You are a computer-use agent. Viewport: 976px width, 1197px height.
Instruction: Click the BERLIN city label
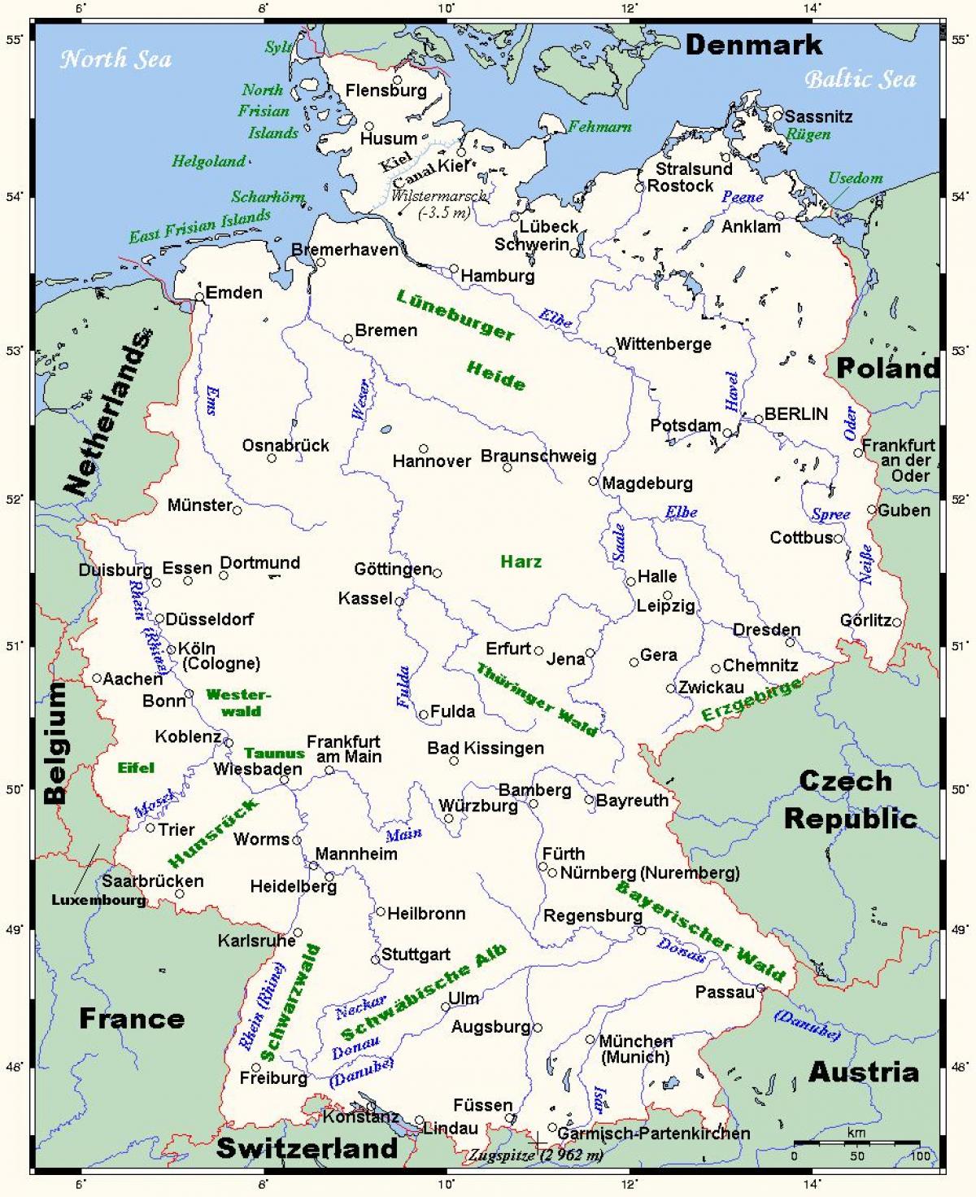pos(795,413)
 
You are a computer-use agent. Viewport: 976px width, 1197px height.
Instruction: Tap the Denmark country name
pos(753,45)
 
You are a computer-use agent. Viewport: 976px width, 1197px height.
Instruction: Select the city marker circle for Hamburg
pos(454,269)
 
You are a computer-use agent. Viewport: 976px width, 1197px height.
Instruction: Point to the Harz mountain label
pos(521,561)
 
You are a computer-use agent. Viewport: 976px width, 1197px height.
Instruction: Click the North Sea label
pos(116,59)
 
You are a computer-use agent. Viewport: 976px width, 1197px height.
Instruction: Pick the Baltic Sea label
pos(860,79)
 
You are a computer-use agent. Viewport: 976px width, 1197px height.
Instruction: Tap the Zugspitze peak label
pos(536,1155)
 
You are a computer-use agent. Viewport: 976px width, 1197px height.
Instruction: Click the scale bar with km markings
pos(856,1144)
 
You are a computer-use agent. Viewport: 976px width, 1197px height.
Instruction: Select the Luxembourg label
pos(98,900)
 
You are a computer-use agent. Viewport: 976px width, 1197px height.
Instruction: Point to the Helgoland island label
pos(208,161)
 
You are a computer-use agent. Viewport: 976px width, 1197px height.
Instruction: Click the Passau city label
pos(725,992)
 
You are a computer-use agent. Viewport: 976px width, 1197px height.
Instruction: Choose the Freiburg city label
pos(273,1078)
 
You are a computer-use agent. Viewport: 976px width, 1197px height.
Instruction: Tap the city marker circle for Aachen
pos(97,678)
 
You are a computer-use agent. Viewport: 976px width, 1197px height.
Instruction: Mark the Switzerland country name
pos(307,1148)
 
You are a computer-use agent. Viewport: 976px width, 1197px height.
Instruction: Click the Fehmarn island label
pos(599,126)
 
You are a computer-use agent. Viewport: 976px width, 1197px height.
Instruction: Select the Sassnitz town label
pos(818,116)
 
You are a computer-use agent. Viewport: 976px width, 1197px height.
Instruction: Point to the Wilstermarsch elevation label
pos(440,204)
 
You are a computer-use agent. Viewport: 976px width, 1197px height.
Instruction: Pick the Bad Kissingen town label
pos(486,748)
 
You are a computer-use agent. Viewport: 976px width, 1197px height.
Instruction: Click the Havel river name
pos(731,391)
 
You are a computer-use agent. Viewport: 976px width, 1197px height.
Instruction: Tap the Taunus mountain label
pos(274,754)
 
